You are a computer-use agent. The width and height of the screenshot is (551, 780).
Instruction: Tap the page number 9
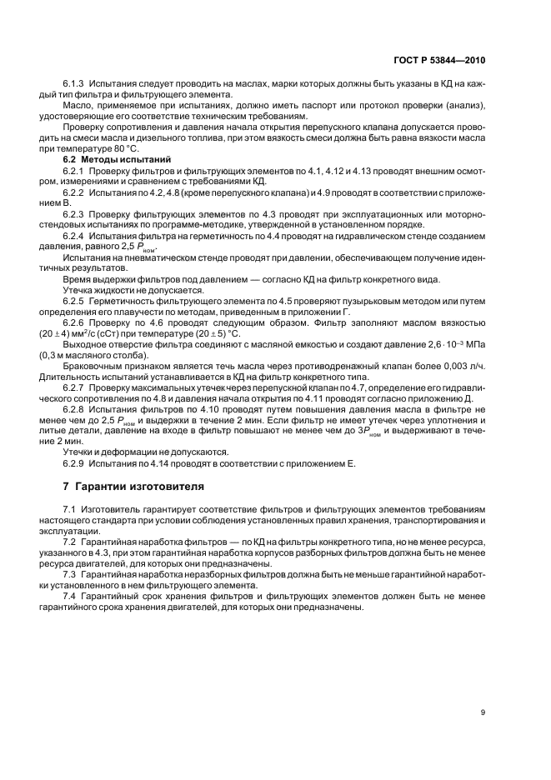[x=483, y=712]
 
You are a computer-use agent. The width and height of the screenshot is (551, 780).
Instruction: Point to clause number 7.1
[x=71, y=507]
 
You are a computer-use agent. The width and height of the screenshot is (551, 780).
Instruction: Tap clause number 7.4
[x=71, y=595]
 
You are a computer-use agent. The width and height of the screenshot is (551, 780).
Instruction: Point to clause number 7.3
[x=71, y=573]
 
